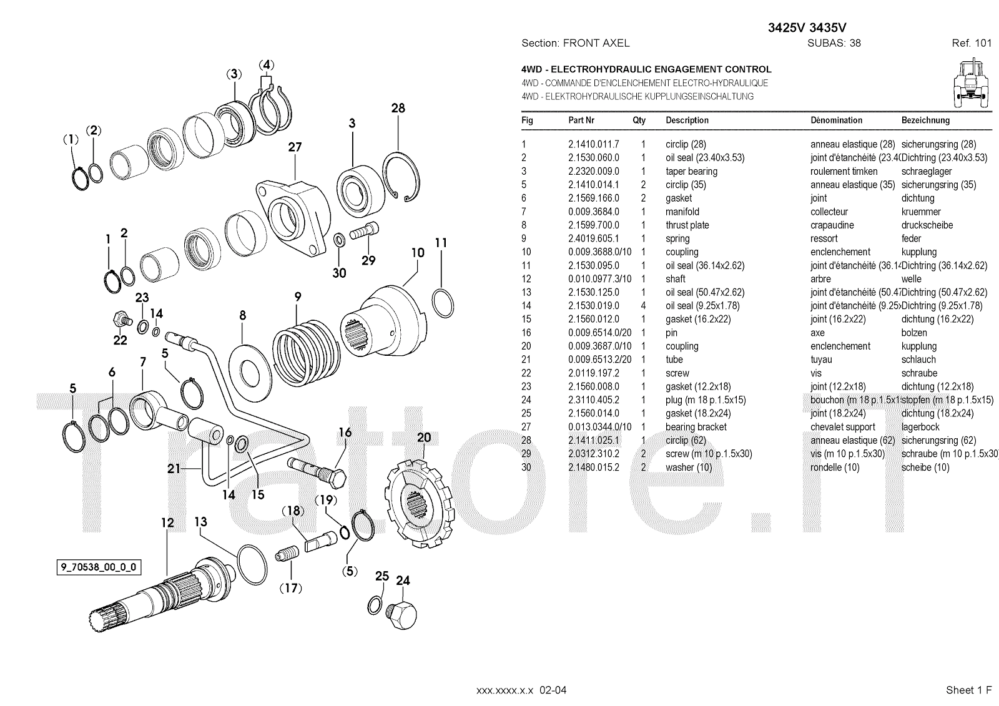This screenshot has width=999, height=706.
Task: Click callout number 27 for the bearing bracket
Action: point(295,147)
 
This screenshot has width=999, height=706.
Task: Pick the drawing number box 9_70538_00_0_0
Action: point(98,567)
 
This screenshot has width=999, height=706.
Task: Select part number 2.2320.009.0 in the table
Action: point(593,172)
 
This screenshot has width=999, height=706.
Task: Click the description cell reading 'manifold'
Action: point(682,212)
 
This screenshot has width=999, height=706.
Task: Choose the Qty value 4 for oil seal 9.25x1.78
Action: point(643,306)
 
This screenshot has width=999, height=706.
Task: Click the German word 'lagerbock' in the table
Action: point(920,427)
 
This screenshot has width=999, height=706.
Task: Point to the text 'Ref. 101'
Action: point(971,43)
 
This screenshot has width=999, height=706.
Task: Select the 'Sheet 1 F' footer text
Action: point(968,690)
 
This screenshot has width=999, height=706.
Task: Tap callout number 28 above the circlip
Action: point(398,108)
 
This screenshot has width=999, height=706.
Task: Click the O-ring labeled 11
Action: point(443,303)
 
